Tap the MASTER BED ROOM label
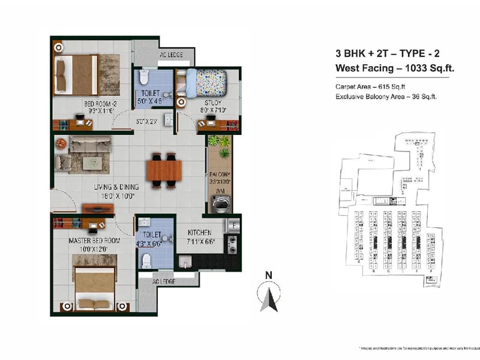point(94,241)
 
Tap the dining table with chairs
point(163,171)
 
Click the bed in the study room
point(204,83)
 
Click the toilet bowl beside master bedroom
point(146,260)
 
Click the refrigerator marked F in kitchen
point(232,227)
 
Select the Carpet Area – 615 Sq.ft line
point(370,86)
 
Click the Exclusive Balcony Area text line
point(385,95)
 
